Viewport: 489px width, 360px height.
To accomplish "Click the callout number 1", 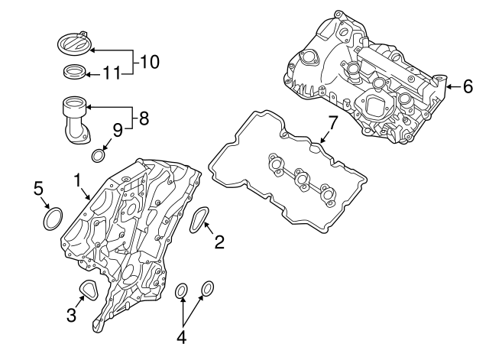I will [x=77, y=180].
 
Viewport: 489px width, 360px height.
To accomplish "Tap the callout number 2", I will [x=219, y=243].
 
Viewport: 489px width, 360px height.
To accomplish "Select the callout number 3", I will [x=70, y=314].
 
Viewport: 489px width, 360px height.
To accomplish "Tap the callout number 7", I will [x=332, y=122].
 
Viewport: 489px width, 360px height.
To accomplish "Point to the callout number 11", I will [x=112, y=74].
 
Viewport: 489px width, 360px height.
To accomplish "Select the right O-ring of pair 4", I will [x=206, y=287].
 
